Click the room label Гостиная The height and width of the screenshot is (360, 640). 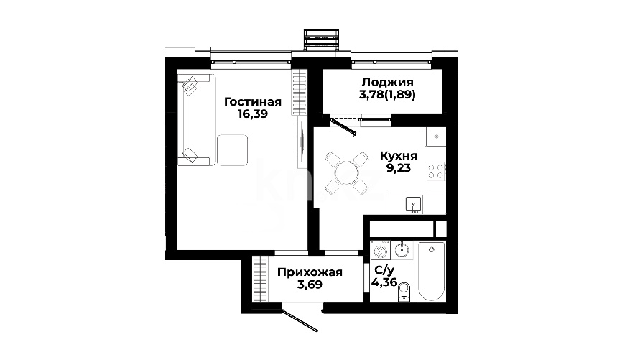(253, 101)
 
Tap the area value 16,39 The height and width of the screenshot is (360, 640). (253, 114)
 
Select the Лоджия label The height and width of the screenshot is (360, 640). (387, 83)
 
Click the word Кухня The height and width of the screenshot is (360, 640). (399, 156)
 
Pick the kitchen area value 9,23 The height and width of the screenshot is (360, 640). (399, 168)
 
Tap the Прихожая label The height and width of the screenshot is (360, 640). (310, 272)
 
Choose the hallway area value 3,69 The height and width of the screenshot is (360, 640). (310, 285)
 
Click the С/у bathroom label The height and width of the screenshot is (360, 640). (384, 270)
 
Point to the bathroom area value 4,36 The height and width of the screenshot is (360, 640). (384, 282)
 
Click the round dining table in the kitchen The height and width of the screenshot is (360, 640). (346, 172)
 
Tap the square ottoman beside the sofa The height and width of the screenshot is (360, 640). (232, 149)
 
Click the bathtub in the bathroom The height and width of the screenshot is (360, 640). (432, 272)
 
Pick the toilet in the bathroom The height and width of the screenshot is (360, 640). (404, 291)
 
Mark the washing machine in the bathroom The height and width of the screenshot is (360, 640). (381, 250)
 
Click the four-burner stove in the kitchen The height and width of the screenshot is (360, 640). (436, 172)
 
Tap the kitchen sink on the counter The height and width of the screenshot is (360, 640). (414, 205)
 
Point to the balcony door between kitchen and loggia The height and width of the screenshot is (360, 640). (343, 126)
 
